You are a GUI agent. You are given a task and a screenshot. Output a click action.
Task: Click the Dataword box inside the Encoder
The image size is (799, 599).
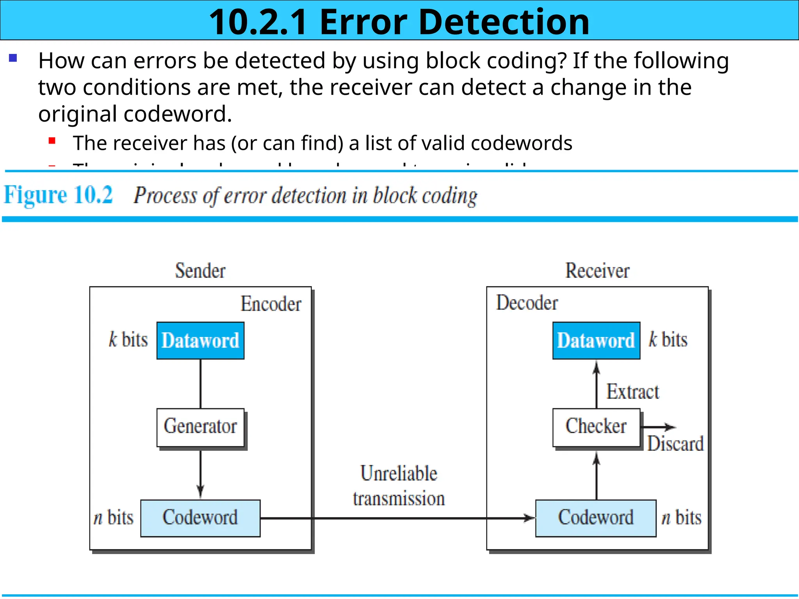200,340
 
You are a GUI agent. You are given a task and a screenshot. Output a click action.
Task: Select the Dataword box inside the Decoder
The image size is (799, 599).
596,340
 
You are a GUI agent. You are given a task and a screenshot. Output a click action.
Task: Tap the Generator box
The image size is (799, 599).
200,427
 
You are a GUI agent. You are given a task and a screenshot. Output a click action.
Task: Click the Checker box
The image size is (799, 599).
596,427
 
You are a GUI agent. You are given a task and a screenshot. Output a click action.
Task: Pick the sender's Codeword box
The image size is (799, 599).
200,518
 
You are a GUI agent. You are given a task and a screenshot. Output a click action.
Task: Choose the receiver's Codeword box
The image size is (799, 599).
596,518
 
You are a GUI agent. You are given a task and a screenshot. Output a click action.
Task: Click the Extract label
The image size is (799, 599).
633,392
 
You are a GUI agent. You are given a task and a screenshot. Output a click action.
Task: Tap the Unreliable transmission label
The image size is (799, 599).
399,486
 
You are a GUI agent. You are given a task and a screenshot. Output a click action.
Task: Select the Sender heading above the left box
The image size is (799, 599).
200,271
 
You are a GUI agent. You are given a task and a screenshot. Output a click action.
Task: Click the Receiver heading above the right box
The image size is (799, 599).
597,271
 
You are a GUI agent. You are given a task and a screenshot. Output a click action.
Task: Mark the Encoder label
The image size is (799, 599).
271,304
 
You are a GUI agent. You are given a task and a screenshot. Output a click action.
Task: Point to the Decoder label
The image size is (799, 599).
527,303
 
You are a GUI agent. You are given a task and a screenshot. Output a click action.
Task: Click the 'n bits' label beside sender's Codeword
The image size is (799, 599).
114,518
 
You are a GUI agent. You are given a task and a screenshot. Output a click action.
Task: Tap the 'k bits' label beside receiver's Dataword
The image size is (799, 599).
668,340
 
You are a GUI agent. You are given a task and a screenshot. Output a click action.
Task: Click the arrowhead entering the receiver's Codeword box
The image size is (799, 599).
530,518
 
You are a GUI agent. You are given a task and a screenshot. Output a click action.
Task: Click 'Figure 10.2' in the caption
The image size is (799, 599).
59,195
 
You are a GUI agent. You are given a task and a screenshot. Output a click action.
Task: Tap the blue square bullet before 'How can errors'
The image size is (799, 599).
13,58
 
